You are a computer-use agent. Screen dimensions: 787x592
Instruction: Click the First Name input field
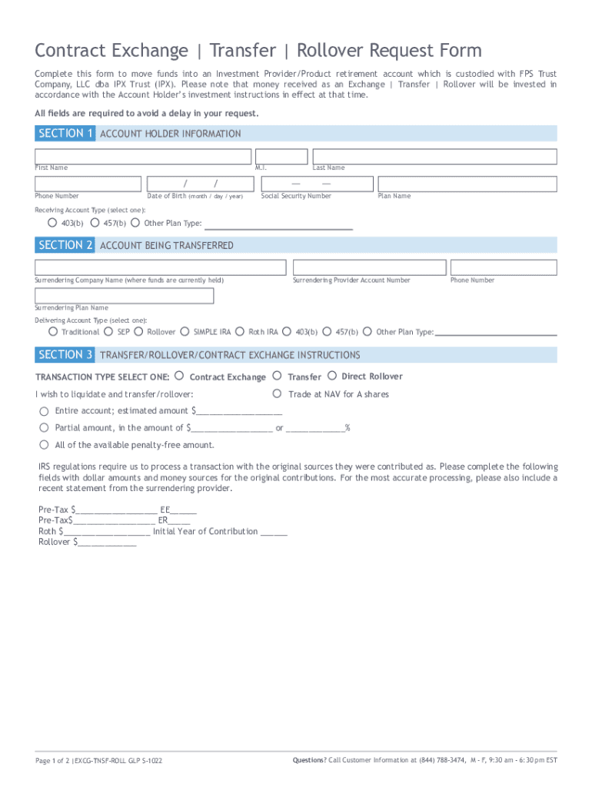(x=143, y=156)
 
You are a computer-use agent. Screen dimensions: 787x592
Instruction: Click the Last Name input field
(x=434, y=156)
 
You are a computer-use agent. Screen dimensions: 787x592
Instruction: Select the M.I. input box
(x=281, y=156)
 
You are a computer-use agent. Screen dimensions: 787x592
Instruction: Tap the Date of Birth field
(x=201, y=184)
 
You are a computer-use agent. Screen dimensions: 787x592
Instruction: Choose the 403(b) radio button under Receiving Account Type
(x=52, y=223)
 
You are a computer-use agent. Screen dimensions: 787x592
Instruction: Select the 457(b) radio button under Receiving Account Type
(x=94, y=223)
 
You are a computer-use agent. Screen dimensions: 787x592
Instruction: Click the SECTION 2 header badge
(x=65, y=245)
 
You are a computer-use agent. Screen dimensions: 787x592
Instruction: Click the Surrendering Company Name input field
(x=160, y=267)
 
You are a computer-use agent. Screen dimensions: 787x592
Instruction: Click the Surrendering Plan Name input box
(x=124, y=296)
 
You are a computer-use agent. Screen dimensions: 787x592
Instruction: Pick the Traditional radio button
(x=52, y=331)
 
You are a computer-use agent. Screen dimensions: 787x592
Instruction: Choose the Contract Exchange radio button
(x=179, y=376)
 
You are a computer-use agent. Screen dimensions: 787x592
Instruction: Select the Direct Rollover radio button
(x=332, y=376)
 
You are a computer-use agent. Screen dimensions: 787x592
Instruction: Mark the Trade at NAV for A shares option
(x=277, y=393)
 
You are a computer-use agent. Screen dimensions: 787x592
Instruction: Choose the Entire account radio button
(x=44, y=410)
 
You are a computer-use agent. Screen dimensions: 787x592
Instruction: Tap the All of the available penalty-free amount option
(x=44, y=444)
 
